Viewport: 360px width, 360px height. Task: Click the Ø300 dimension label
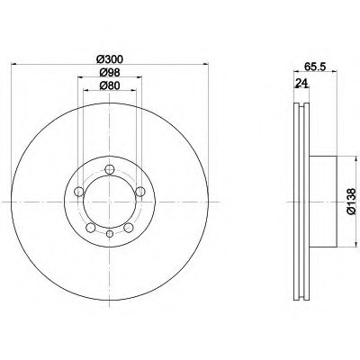pyautogui.click(x=110, y=59)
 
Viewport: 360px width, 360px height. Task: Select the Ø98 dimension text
pyautogui.click(x=110, y=72)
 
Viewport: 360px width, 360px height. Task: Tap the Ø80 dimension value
pyautogui.click(x=110, y=85)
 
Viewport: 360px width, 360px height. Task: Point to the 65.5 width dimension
pyautogui.click(x=315, y=67)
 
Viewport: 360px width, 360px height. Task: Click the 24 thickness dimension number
pyautogui.click(x=301, y=83)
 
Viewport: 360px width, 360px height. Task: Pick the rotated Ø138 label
pyautogui.click(x=351, y=202)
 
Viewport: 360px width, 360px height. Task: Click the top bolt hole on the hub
pyautogui.click(x=110, y=169)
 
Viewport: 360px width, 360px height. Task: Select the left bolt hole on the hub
pyautogui.click(x=79, y=192)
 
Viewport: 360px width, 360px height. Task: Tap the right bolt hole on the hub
pyautogui.click(x=140, y=192)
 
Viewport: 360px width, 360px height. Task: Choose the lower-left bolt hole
pyautogui.click(x=91, y=228)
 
